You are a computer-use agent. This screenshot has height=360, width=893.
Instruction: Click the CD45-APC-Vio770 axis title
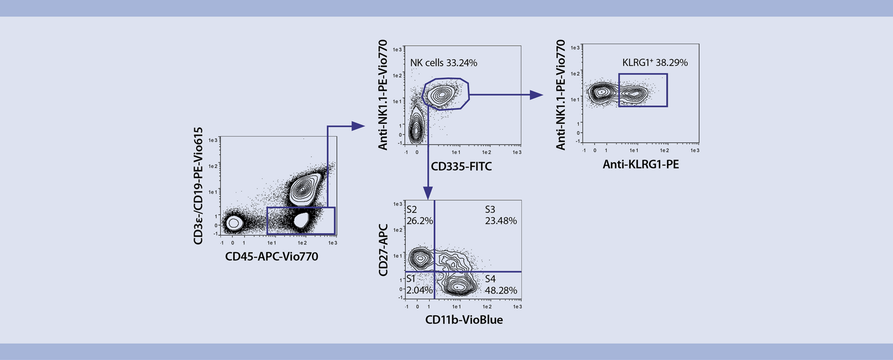[x=272, y=257]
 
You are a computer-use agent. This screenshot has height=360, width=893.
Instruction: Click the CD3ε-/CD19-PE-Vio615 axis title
[x=199, y=186]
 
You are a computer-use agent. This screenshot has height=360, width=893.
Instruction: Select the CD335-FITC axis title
[x=461, y=167]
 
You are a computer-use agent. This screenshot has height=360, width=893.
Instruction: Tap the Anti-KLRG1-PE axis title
[x=640, y=165]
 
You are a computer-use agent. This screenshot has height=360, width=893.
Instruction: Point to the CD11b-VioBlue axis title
[x=464, y=320]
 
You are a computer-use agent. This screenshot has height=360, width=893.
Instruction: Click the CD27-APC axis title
[x=383, y=250]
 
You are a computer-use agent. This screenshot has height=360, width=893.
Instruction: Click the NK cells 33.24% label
[x=443, y=63]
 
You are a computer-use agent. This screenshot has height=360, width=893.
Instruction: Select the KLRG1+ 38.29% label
[x=655, y=62]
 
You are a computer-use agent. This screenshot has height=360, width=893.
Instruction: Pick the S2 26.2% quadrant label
[x=420, y=215]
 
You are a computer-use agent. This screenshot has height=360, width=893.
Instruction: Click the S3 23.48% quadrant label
[x=500, y=215]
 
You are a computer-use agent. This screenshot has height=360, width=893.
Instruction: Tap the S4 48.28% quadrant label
[x=500, y=285]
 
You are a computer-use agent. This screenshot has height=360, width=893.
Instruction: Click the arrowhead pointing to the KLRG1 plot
[x=537, y=95]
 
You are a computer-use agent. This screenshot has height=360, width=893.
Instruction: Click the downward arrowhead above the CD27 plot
[x=427, y=193]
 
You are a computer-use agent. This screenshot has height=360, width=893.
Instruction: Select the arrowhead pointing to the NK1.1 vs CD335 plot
[x=358, y=126]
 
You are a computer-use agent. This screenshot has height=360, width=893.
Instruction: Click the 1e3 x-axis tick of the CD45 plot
[x=333, y=243]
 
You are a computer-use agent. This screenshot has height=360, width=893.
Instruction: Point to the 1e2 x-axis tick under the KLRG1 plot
[x=665, y=151]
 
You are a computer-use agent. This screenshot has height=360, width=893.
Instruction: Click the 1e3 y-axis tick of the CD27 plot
[x=398, y=204]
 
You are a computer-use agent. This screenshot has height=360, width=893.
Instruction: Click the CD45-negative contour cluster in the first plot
[x=233, y=223]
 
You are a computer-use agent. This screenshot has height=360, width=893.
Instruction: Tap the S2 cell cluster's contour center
[x=421, y=257]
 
